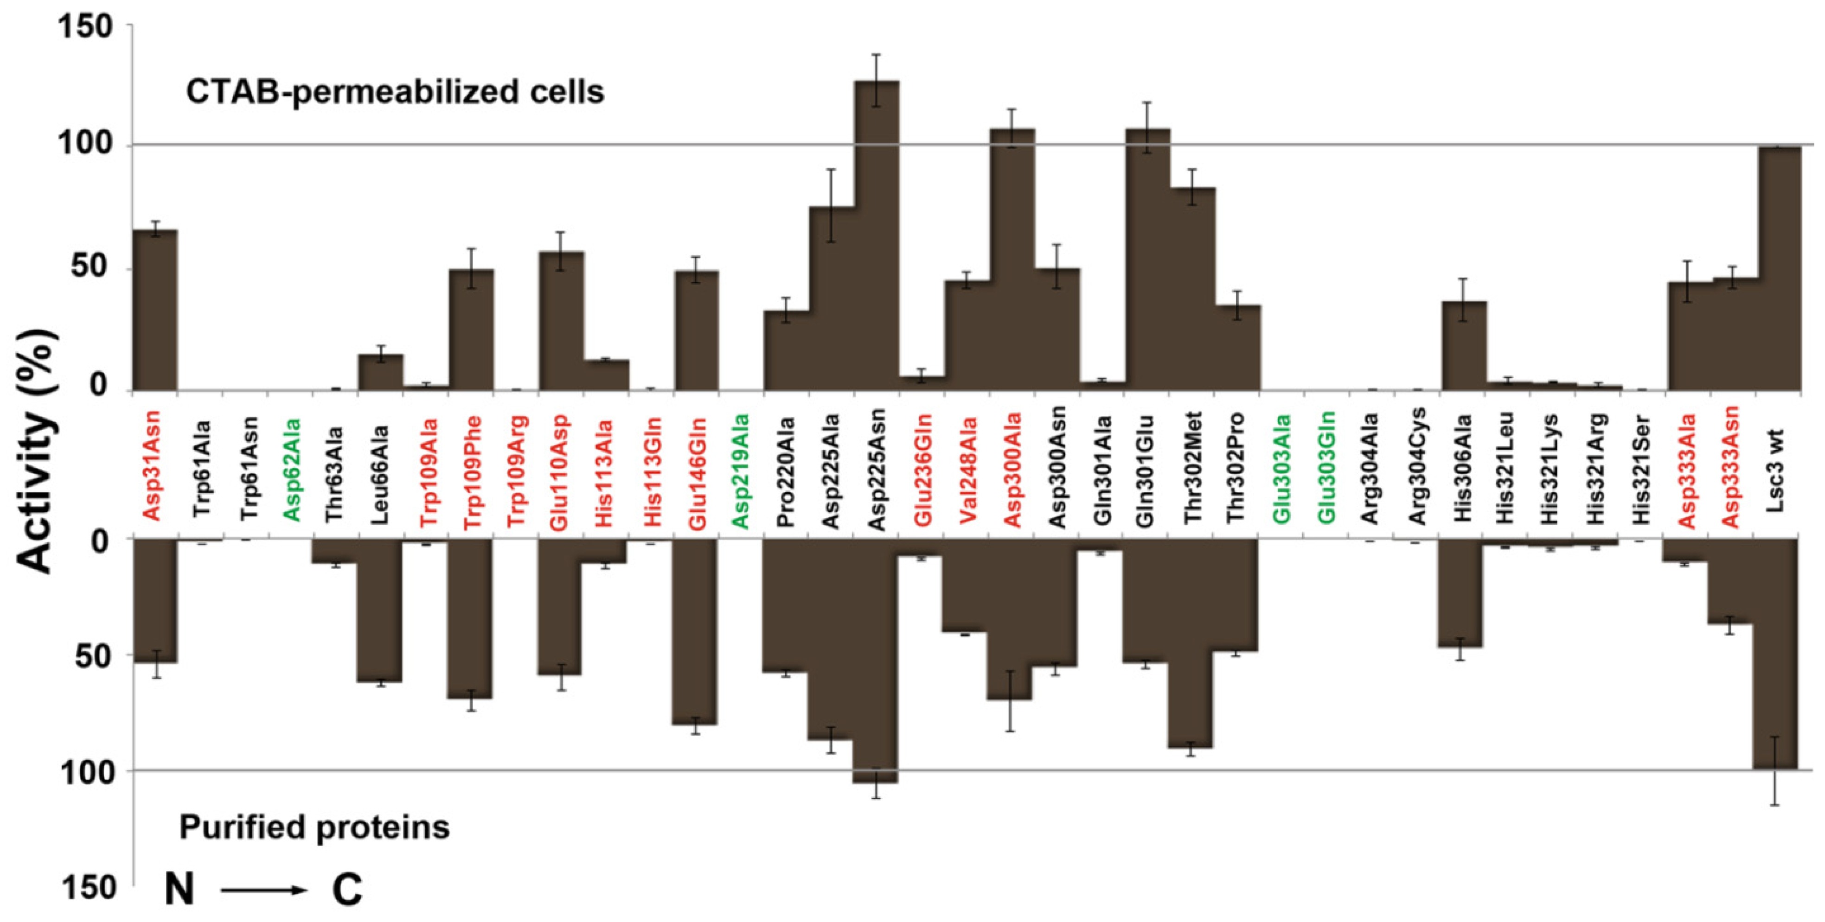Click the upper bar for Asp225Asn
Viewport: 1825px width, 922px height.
point(877,237)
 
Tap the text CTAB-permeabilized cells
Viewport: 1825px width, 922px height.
point(395,93)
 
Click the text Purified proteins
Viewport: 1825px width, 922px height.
point(314,827)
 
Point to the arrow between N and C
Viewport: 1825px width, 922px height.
point(262,890)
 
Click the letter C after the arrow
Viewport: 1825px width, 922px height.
point(347,890)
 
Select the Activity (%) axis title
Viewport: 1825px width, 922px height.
point(35,453)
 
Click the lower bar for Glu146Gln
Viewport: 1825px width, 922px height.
point(695,630)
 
